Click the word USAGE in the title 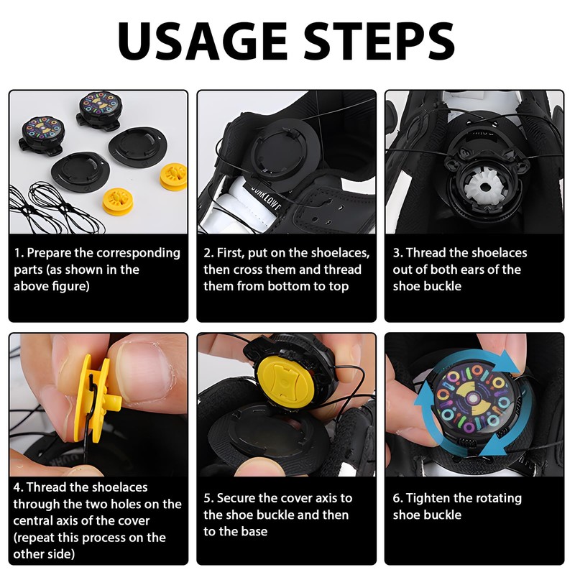pos(202,41)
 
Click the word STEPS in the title pos(379,41)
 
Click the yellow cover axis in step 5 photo pos(283,382)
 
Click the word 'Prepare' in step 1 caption pos(49,253)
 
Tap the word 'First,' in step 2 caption pos(230,253)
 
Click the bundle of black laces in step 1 pos(55,208)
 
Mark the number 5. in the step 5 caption pos(208,498)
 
